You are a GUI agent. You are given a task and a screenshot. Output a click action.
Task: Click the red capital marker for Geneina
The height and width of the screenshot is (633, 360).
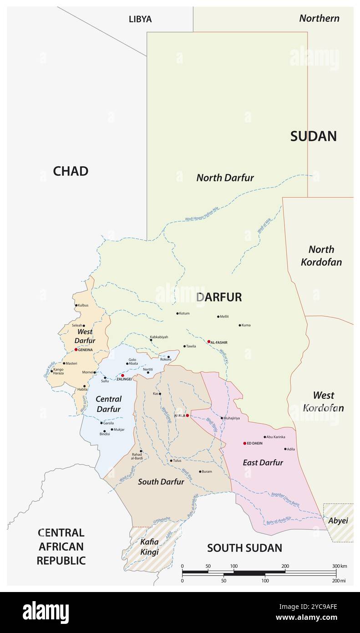pyautogui.click(x=76, y=350)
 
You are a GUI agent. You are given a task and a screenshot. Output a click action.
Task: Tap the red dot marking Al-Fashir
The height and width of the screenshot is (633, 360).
pyautogui.click(x=209, y=342)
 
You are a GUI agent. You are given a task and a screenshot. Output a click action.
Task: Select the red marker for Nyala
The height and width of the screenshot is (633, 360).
pyautogui.click(x=187, y=415)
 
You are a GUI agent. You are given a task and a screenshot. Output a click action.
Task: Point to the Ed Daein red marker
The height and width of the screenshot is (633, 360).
pyautogui.click(x=244, y=443)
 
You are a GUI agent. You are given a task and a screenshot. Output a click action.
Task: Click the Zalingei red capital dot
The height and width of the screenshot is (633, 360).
pyautogui.click(x=122, y=376)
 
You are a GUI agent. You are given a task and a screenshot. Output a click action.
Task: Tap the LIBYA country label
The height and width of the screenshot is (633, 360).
pyautogui.click(x=140, y=19)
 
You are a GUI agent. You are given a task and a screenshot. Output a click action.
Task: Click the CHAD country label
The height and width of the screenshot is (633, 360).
pyautogui.click(x=71, y=171)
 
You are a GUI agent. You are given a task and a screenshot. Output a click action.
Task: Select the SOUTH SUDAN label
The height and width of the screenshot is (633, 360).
pyautogui.click(x=244, y=548)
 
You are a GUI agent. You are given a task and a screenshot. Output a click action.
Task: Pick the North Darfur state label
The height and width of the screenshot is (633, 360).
pyautogui.click(x=225, y=178)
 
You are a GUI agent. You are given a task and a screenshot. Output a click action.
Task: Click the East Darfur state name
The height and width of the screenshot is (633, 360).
pyautogui.click(x=263, y=463)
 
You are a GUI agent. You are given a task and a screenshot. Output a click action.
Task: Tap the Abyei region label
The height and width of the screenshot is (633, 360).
pyautogui.click(x=338, y=521)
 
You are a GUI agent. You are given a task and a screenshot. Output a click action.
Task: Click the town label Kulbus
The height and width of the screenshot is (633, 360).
pyautogui.click(x=83, y=305)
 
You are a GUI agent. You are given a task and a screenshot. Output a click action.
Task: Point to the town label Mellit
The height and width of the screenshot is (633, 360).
pyautogui.click(x=224, y=316)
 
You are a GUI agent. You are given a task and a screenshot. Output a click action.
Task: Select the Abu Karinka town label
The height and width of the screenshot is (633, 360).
pyautogui.click(x=276, y=437)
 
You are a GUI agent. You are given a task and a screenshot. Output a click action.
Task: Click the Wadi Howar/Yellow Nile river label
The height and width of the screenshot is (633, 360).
pyautogui.click(x=202, y=214)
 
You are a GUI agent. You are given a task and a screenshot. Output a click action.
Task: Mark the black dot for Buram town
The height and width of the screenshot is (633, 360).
pyautogui.click(x=200, y=472)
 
